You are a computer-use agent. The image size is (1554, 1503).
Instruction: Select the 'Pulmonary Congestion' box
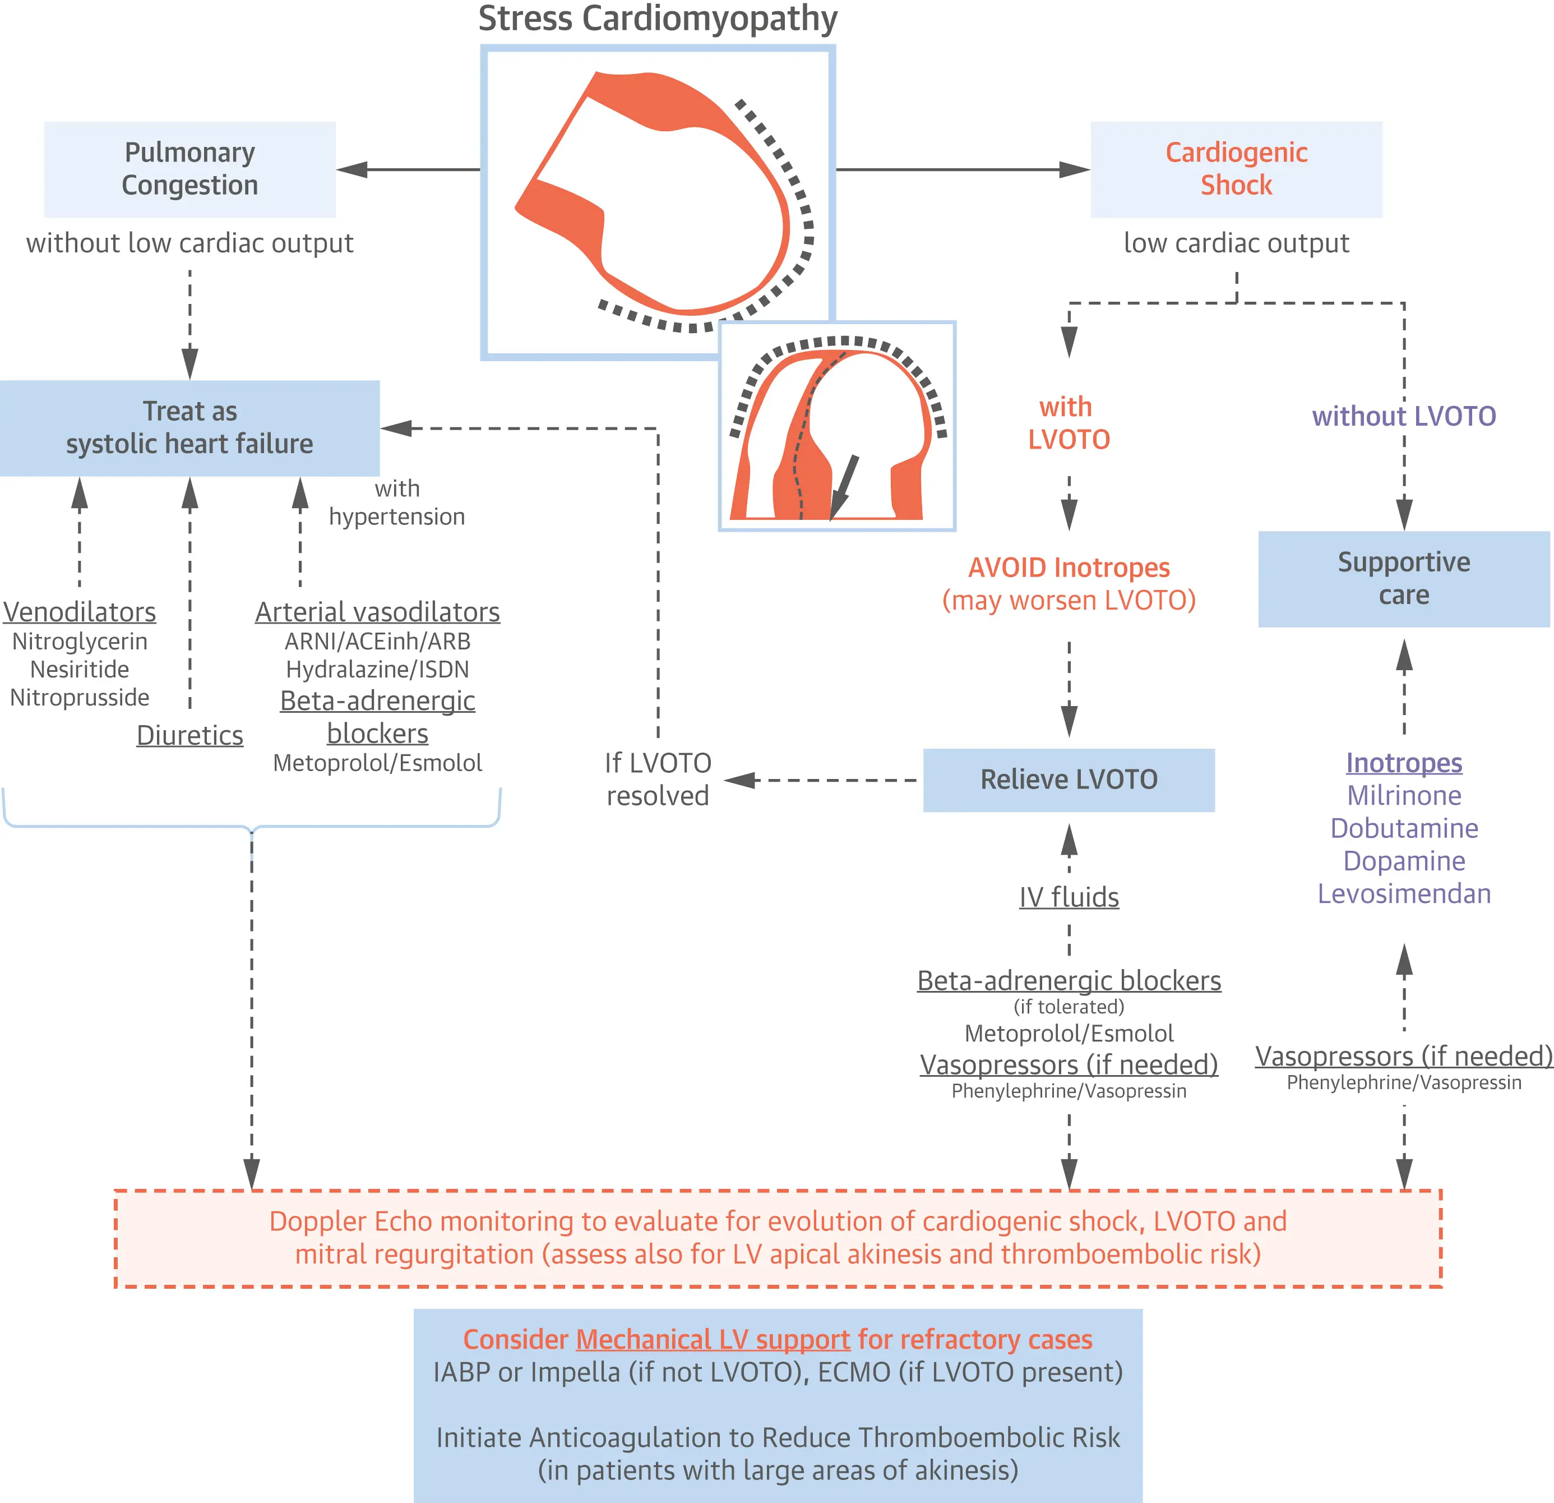coord(189,169)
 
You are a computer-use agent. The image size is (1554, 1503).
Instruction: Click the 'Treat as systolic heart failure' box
coord(189,427)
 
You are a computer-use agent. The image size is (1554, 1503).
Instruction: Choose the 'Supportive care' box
coord(1403,578)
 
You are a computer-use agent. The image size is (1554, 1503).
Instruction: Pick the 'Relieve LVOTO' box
coord(1068,780)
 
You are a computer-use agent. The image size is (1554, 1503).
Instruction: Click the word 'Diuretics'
coord(189,735)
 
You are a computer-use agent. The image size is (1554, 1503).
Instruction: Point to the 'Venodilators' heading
coord(79,611)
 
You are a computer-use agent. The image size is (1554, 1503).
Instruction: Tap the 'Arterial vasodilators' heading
coord(377,611)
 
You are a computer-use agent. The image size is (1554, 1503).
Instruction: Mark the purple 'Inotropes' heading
coord(1403,762)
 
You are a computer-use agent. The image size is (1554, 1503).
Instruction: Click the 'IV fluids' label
coord(1069,897)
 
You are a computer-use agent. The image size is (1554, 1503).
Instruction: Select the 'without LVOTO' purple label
coord(1403,416)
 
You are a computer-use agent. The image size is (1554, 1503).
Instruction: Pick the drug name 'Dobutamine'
coord(1403,828)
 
